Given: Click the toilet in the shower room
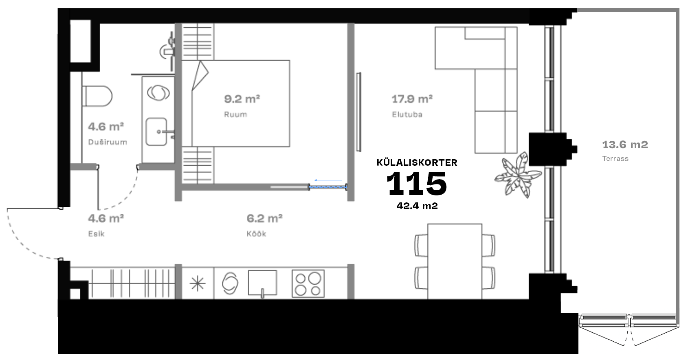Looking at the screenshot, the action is point(97,96).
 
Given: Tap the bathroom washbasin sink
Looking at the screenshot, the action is point(157,132).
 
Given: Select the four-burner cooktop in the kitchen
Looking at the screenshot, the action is point(308,283).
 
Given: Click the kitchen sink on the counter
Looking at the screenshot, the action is point(262,283).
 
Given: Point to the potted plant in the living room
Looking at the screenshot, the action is point(518,175).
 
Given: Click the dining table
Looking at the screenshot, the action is point(455,261).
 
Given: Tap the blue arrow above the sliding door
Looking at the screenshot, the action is point(328,180).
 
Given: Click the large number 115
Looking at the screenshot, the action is point(416,183).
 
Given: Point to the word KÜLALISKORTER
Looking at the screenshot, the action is point(417,162).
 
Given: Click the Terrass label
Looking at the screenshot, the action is point(615,158).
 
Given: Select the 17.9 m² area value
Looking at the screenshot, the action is point(412,99).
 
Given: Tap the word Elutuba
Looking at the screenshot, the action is point(407,114).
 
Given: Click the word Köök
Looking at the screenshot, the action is point(256,234).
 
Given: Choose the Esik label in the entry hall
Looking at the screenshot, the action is point(96,234).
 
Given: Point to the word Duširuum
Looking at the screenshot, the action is point(107,142).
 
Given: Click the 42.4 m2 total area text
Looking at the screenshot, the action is point(417,206).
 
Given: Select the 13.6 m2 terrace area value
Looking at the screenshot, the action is point(625,145).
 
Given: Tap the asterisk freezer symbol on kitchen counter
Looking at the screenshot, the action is point(198,283).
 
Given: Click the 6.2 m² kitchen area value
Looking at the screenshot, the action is point(264,218).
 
